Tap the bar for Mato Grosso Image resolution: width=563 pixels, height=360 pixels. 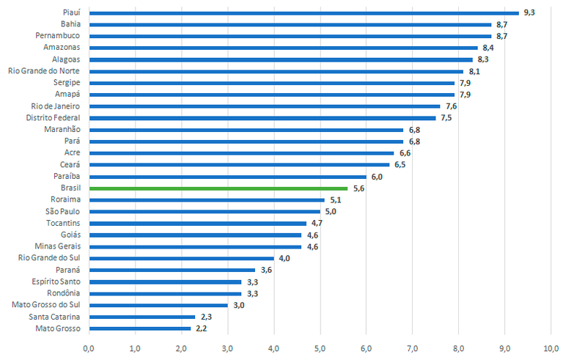[x=139, y=328]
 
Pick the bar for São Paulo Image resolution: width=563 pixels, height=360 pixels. [x=205, y=211]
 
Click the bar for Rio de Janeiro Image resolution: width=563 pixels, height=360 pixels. [x=265, y=106]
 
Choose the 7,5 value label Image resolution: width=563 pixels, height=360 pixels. [x=446, y=118]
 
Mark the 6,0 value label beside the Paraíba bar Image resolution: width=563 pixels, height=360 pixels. [x=377, y=177]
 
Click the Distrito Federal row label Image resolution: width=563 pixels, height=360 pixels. [x=53, y=118]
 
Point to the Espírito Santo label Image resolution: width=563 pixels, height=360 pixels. [x=56, y=282]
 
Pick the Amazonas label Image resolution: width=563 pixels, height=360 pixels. [x=62, y=48]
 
